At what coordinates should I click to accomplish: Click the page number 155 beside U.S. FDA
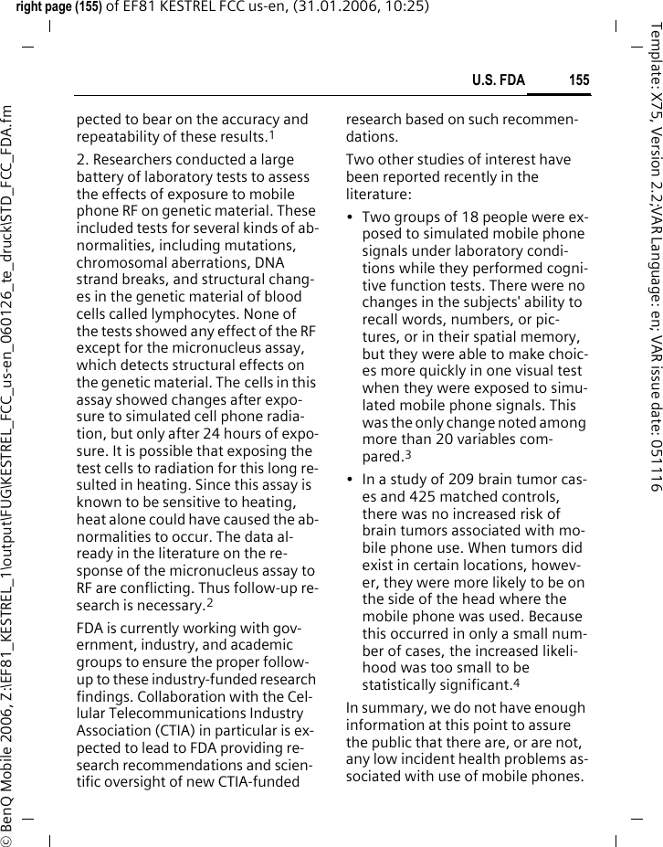tap(579, 80)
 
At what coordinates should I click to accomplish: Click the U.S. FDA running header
tap(498, 80)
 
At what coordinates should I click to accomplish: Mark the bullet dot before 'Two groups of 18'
tap(352, 217)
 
